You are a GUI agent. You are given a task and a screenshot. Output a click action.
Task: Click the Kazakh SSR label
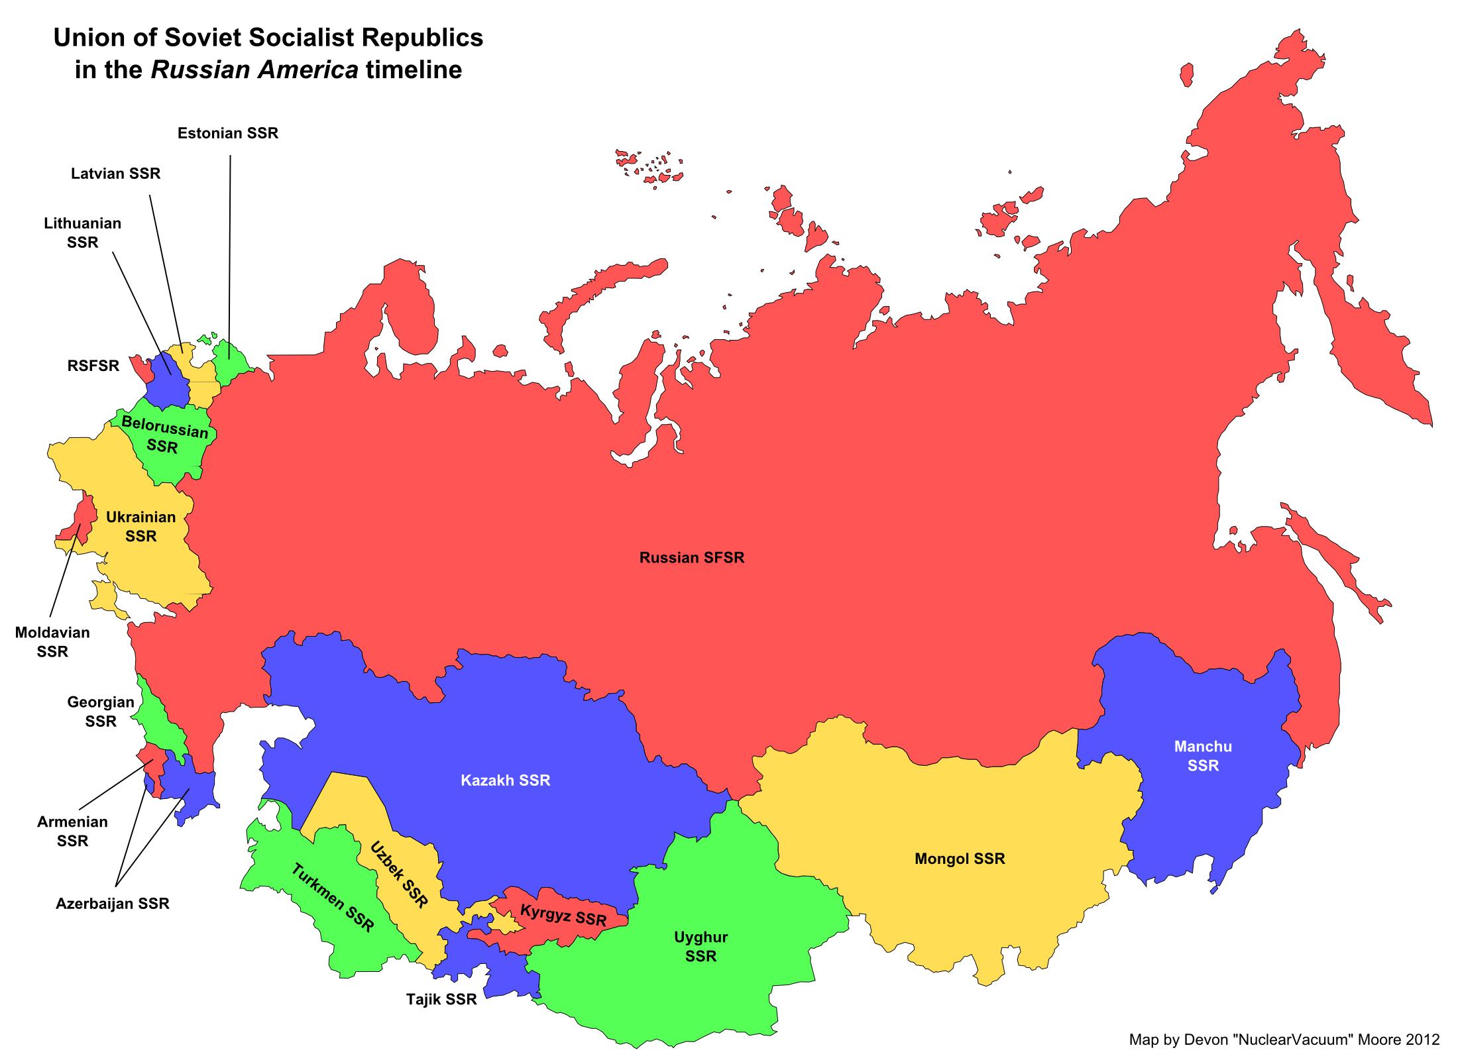(505, 780)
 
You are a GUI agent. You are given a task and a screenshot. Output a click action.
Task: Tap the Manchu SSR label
(1203, 756)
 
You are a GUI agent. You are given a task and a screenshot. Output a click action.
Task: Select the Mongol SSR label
(960, 859)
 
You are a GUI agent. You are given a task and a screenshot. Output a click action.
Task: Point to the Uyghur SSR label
(701, 947)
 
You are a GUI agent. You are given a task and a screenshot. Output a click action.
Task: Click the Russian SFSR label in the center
(691, 558)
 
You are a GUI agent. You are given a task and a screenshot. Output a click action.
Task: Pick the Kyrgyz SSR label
(563, 915)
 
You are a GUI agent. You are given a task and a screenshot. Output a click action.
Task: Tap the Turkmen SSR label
(333, 898)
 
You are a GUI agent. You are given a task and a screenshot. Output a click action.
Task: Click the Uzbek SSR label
(399, 875)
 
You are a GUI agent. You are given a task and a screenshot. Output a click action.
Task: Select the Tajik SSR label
(441, 1000)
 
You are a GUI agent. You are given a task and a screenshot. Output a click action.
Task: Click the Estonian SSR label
(227, 133)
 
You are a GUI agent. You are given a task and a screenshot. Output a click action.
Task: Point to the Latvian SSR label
(115, 174)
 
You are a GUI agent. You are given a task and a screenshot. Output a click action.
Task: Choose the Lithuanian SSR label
(82, 233)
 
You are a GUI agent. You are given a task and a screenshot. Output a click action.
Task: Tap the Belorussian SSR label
(164, 435)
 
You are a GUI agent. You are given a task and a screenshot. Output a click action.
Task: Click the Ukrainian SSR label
(140, 526)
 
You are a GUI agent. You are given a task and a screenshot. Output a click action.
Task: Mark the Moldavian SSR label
(52, 641)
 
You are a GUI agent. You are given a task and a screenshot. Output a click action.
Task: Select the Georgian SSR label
(101, 712)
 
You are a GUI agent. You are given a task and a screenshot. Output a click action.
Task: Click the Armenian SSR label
(72, 831)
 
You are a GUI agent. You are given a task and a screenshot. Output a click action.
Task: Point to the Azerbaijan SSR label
(112, 904)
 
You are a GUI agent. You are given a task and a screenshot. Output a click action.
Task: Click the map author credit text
(1284, 1039)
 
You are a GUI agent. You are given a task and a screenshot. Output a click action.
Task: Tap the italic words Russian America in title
(254, 70)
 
